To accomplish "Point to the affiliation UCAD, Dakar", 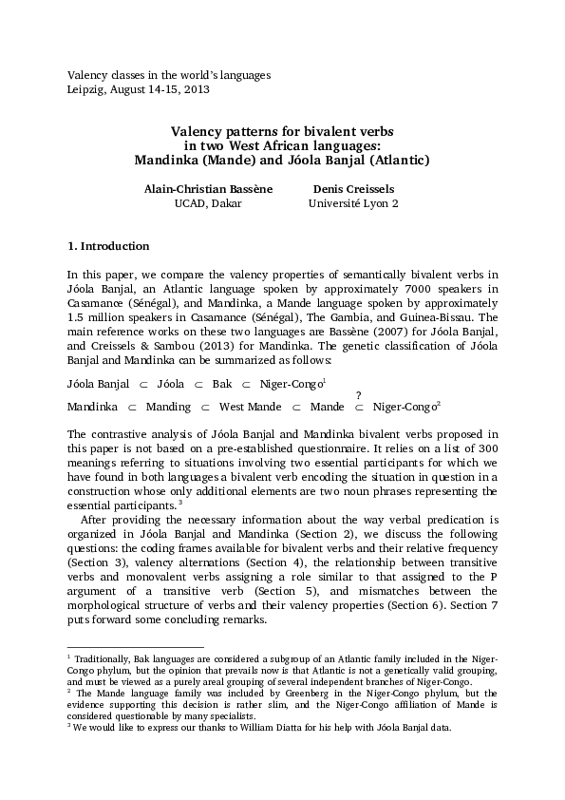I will tap(208, 203).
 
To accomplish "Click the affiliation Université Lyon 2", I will tap(353, 203).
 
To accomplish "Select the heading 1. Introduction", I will tap(108, 246).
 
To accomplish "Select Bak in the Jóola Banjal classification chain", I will tap(222, 384).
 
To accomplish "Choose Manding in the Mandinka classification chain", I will tap(168, 407).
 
